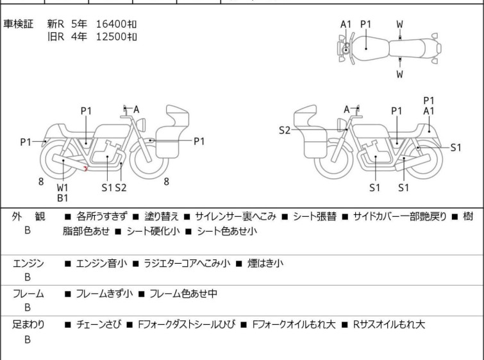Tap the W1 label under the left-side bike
click(x=63, y=187)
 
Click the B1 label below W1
click(x=63, y=198)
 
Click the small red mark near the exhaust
click(x=86, y=168)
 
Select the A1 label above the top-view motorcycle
click(x=346, y=24)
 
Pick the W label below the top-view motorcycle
click(x=399, y=74)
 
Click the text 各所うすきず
click(x=103, y=216)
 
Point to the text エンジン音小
click(x=101, y=263)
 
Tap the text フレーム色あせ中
click(x=183, y=294)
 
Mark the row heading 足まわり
click(x=28, y=325)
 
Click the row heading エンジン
click(x=28, y=263)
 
